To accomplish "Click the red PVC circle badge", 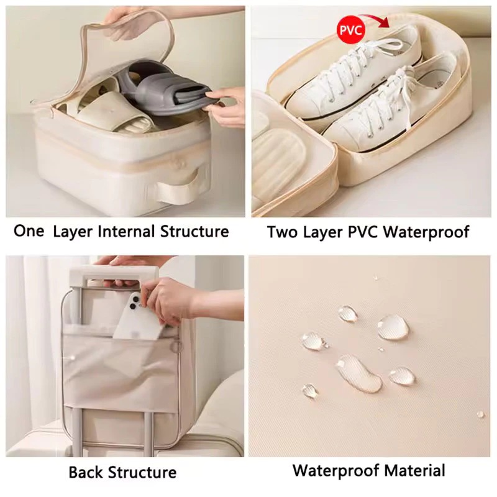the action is coord(351,30).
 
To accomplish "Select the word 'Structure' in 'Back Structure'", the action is coord(143,472).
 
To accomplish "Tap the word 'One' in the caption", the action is coord(29,230).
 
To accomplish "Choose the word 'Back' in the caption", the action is coord(86,472).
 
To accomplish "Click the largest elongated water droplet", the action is coord(358,373).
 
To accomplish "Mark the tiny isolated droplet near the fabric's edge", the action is coord(480,414).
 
